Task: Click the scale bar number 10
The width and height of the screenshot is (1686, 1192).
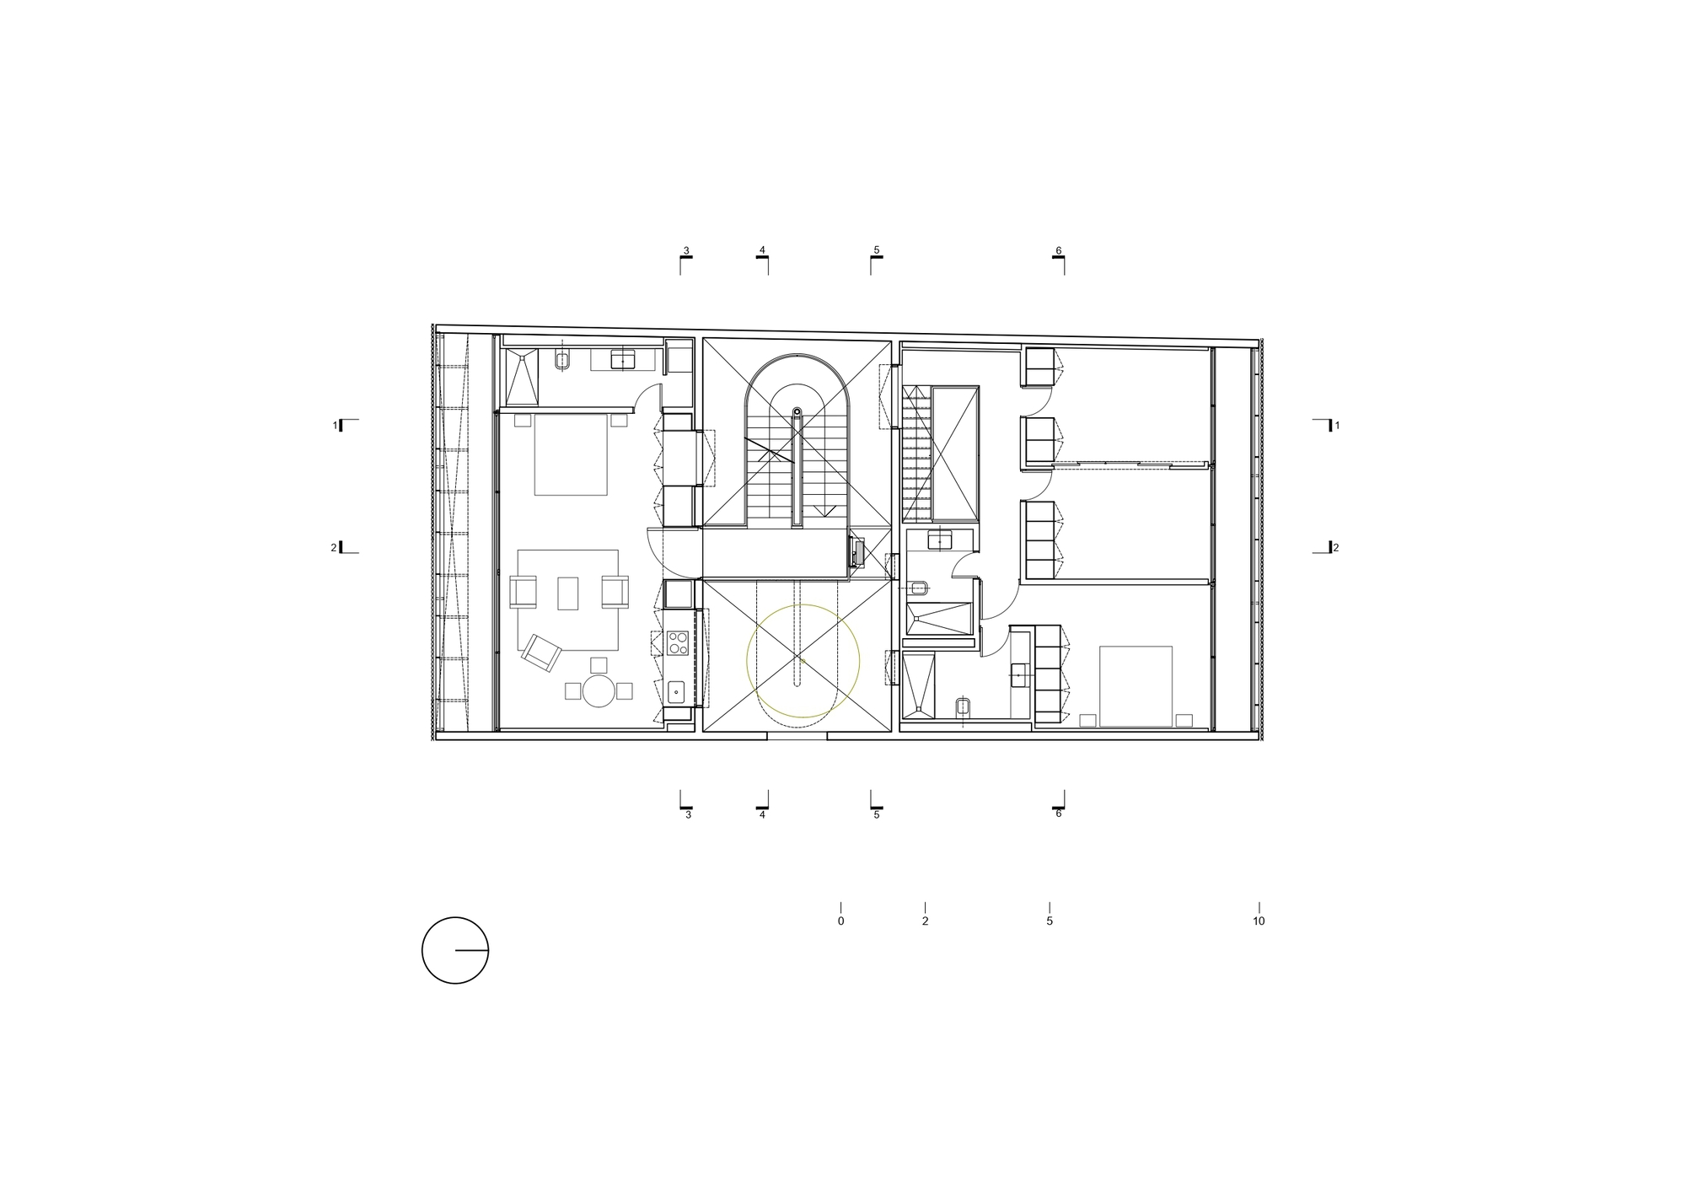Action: (x=1259, y=921)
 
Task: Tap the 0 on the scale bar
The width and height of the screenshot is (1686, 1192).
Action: (x=840, y=921)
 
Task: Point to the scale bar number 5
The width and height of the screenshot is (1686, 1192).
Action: (x=1050, y=921)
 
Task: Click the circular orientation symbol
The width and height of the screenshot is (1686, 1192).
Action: (x=455, y=950)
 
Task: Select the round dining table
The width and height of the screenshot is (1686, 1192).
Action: (x=599, y=690)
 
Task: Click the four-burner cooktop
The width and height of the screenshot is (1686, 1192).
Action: (x=677, y=643)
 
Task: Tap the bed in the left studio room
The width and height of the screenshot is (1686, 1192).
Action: (x=571, y=454)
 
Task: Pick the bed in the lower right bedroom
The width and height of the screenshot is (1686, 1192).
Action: (x=1136, y=686)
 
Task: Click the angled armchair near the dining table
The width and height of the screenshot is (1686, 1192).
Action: (x=541, y=652)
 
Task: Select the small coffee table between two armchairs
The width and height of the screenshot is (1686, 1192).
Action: (x=568, y=593)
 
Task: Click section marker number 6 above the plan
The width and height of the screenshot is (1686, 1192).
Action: (x=1059, y=250)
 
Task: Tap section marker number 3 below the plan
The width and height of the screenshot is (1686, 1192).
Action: (x=688, y=814)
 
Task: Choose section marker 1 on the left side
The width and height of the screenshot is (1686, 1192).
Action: (x=336, y=426)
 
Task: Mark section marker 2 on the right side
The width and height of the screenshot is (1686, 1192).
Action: (x=1335, y=548)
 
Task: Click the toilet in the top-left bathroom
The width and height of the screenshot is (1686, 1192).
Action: (x=562, y=361)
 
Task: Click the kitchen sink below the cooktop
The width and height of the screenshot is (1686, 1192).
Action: (x=676, y=692)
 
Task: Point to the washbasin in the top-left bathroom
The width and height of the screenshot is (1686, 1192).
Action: (x=622, y=360)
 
